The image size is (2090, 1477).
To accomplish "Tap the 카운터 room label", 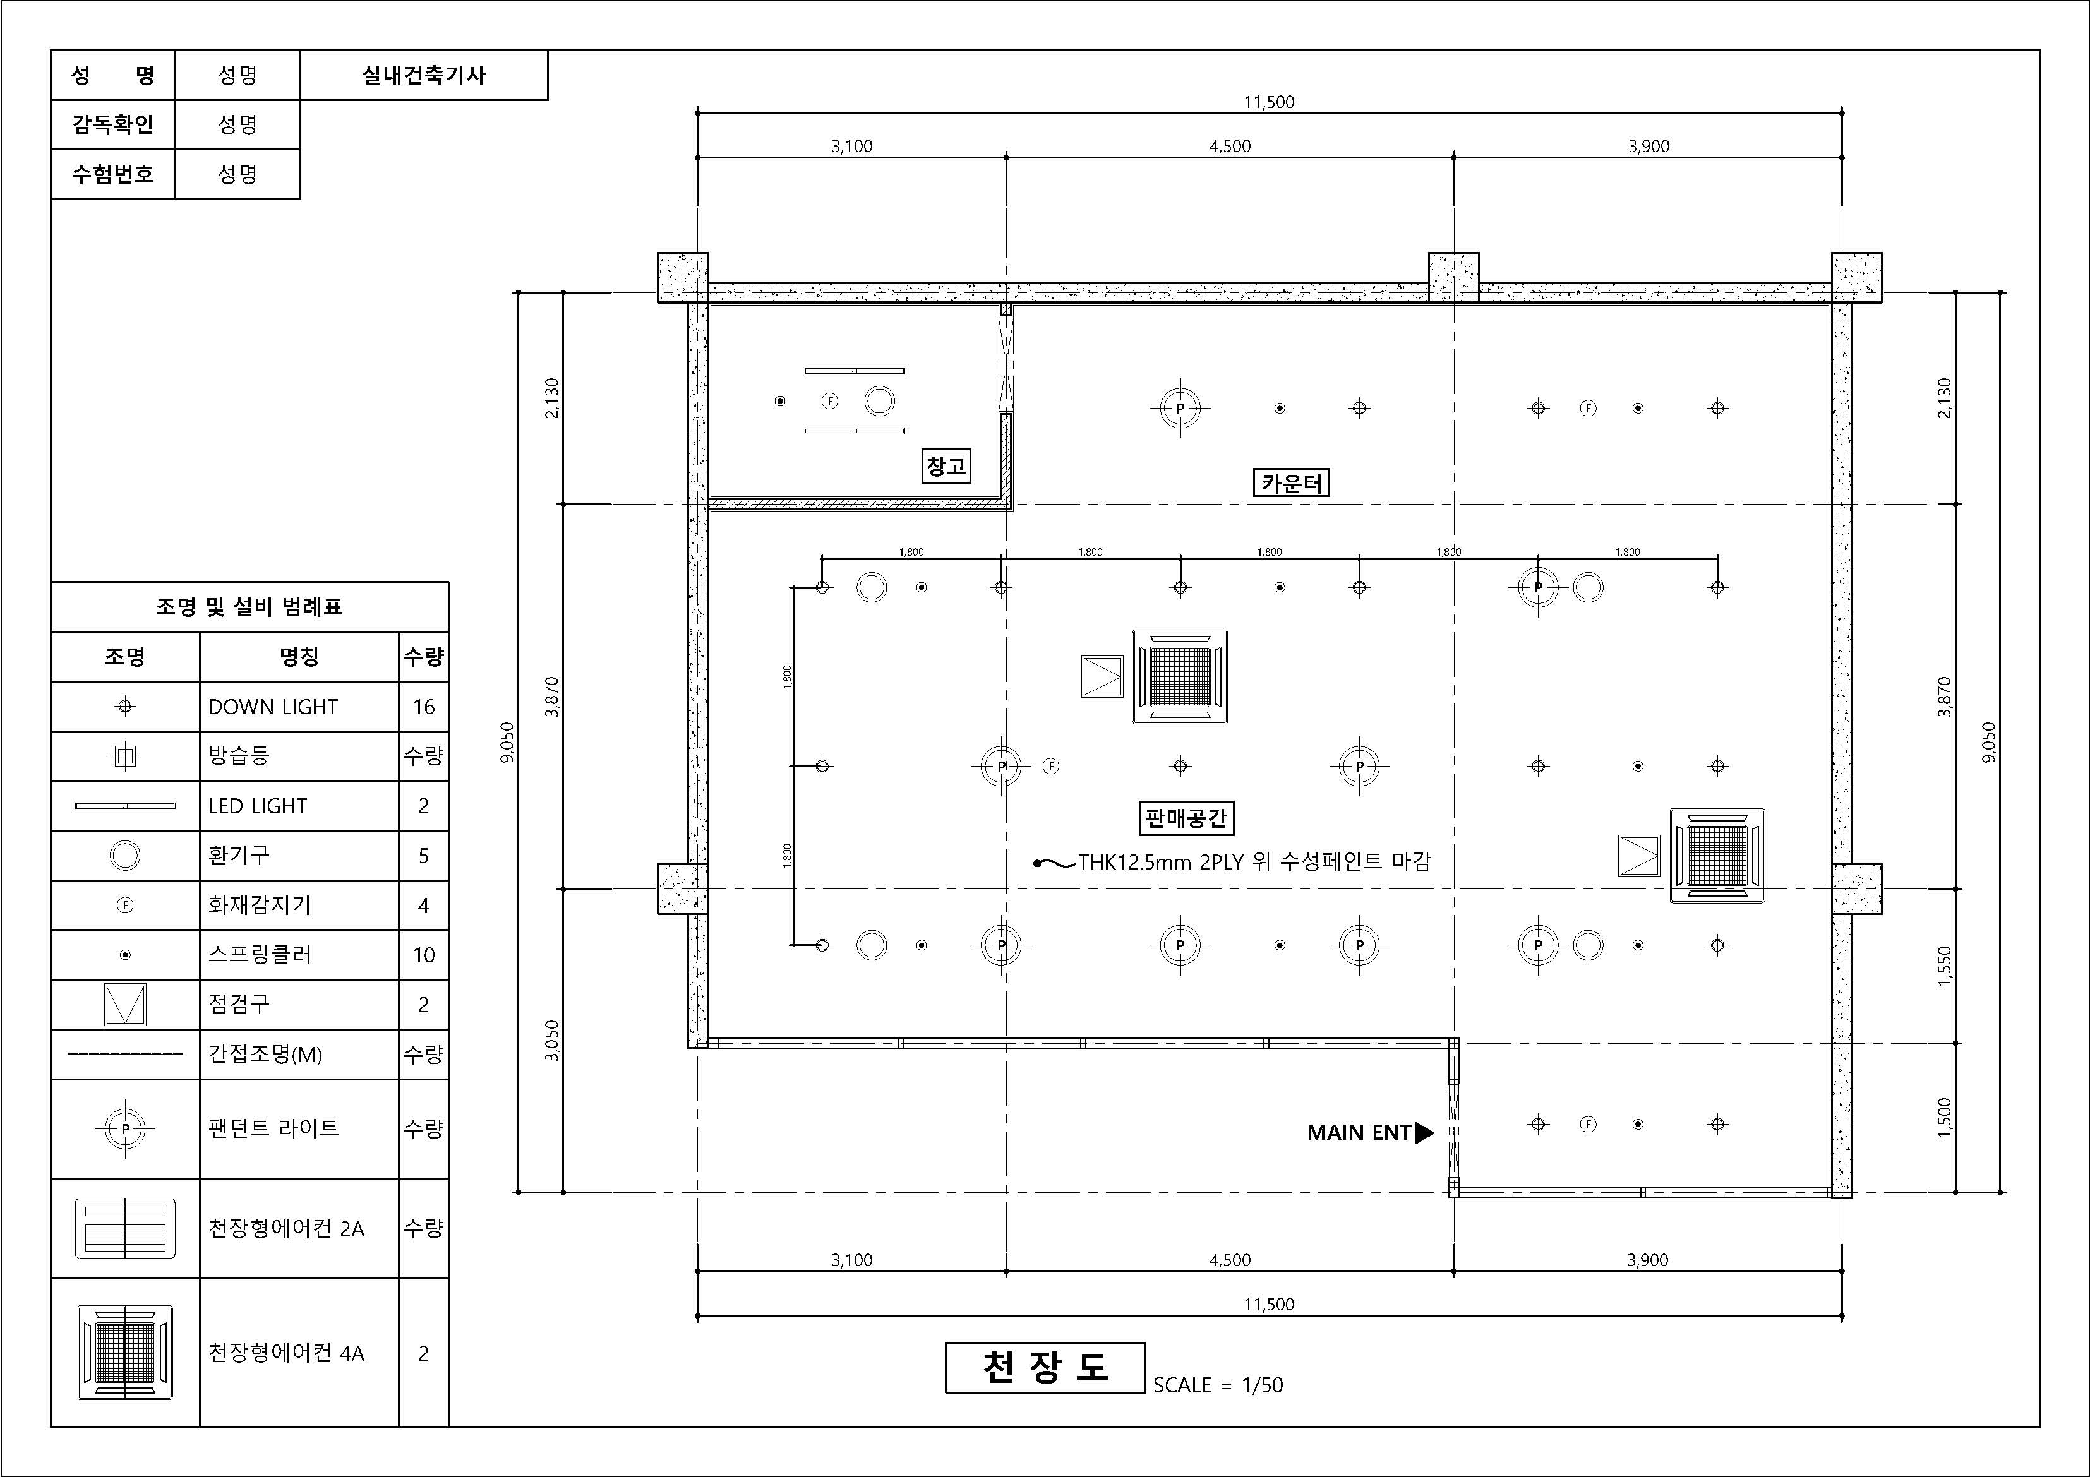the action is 1291,482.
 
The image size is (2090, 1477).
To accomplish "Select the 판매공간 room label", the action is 1186,818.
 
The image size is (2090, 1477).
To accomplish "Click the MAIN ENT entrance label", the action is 1359,1132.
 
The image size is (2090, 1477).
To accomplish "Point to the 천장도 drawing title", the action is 1045,1367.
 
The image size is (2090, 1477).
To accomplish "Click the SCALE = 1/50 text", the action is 1218,1385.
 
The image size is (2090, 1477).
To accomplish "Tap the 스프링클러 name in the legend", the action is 260,955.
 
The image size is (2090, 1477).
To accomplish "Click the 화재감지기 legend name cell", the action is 299,905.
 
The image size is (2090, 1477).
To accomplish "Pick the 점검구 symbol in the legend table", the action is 124,1005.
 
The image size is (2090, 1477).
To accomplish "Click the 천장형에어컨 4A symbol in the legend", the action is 124,1353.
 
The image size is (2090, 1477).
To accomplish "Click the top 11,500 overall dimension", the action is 1269,102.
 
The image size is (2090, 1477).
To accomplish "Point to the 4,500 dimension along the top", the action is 1230,146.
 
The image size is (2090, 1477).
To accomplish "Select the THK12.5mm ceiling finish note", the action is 1254,861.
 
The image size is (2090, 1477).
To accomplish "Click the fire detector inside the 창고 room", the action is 829,402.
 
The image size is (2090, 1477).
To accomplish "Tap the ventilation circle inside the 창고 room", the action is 879,402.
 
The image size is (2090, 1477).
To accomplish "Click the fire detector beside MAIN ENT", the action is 1589,1124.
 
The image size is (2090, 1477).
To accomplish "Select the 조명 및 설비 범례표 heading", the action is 249,607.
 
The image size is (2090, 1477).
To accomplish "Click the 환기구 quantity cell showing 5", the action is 423,856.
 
